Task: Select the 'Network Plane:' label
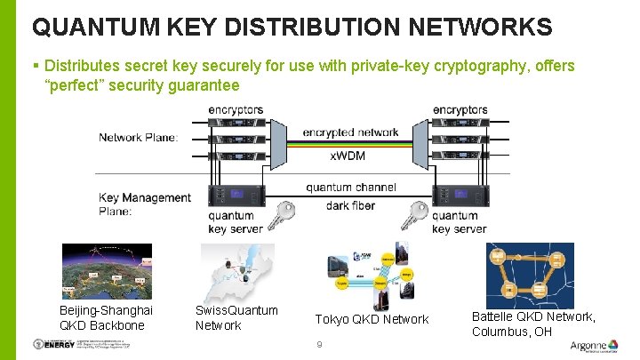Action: (138, 137)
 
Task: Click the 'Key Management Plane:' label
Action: (144, 204)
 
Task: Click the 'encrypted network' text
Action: (350, 132)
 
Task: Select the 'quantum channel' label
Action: (351, 188)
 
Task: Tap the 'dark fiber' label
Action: (351, 205)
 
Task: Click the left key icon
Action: (284, 215)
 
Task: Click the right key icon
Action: (414, 215)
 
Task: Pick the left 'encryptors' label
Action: (236, 109)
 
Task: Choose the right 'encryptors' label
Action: (460, 109)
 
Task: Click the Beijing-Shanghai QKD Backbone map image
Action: (106, 271)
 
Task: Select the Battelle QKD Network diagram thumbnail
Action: (530, 274)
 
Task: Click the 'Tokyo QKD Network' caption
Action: (372, 319)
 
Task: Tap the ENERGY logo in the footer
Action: (53, 345)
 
